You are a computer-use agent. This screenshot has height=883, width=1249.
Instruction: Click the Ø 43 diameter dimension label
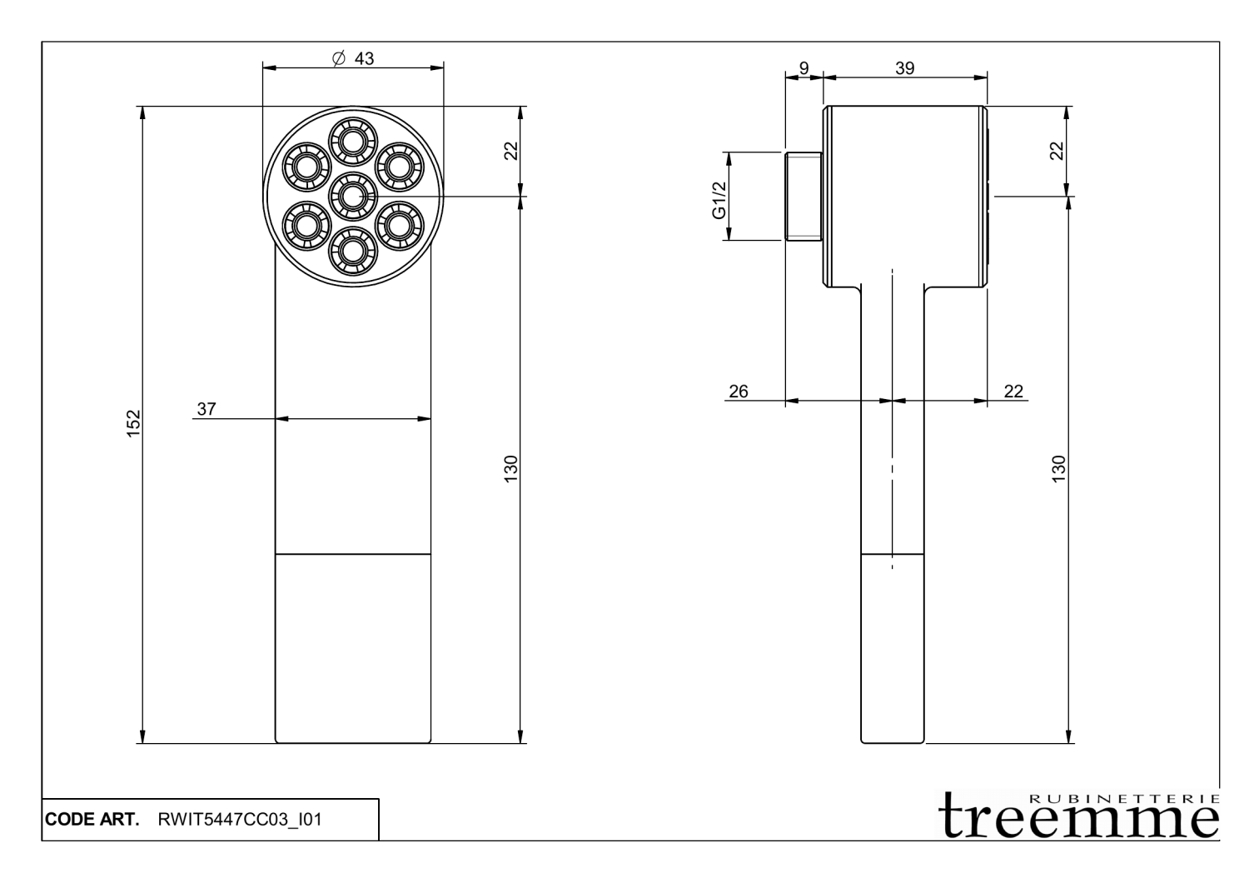point(353,58)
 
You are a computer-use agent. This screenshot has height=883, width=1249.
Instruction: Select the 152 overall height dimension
point(134,423)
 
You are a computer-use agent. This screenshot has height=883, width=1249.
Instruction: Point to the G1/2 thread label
point(719,200)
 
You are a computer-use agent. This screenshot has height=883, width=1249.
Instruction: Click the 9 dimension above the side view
point(804,68)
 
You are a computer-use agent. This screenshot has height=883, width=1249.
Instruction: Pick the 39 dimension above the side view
point(904,68)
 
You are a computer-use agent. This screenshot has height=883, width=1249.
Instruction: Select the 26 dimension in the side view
point(739,391)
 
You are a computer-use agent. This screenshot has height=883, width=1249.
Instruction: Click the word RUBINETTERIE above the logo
point(1124,797)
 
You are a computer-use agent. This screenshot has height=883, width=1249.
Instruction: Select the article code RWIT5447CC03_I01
point(240,820)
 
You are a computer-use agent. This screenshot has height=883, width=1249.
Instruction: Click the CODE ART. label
point(92,820)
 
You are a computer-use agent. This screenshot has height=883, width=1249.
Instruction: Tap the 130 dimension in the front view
point(511,468)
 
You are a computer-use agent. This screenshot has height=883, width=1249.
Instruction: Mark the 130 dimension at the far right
point(1058,468)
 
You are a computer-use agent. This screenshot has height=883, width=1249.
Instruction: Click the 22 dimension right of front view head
point(511,151)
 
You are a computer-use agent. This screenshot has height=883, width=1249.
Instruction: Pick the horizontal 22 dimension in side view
point(1013,391)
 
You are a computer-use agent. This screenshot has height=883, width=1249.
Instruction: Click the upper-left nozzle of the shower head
point(306,164)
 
